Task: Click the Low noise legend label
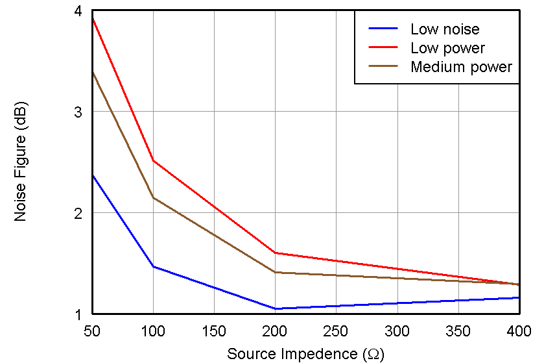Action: tap(445, 29)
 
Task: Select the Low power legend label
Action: tap(447, 48)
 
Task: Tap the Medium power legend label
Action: tap(461, 67)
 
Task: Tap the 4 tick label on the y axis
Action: tap(78, 11)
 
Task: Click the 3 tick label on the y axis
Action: tap(78, 112)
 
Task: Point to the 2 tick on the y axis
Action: tap(78, 213)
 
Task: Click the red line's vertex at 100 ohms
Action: tap(153, 160)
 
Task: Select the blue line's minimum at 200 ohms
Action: tap(275, 308)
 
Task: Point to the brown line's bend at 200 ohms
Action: tap(275, 272)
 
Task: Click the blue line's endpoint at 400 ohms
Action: tap(519, 297)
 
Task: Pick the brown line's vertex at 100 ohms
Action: tap(153, 197)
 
